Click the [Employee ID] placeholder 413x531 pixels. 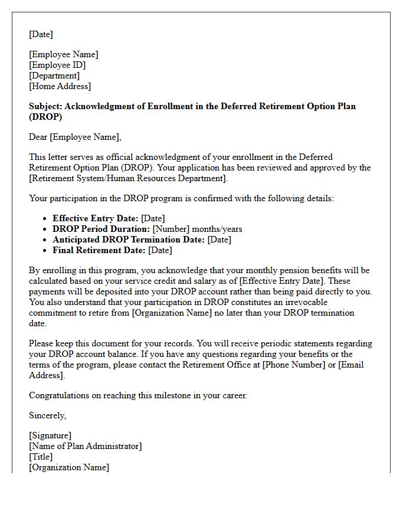coord(57,65)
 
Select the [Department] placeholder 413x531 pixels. coord(54,76)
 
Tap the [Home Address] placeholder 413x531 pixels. coord(60,86)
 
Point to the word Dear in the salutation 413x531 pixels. coord(38,137)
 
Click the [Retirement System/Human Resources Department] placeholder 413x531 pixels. coord(127,178)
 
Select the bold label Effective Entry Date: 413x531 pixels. coord(96,218)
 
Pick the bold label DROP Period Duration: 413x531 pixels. coord(101,229)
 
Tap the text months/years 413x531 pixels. coord(217,229)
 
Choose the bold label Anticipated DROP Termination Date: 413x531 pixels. coord(129,240)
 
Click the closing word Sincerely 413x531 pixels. coord(47,415)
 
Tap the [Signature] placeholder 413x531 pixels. coord(50,435)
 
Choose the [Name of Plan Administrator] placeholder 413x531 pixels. coord(85,446)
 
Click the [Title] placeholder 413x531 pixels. coord(41,457)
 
